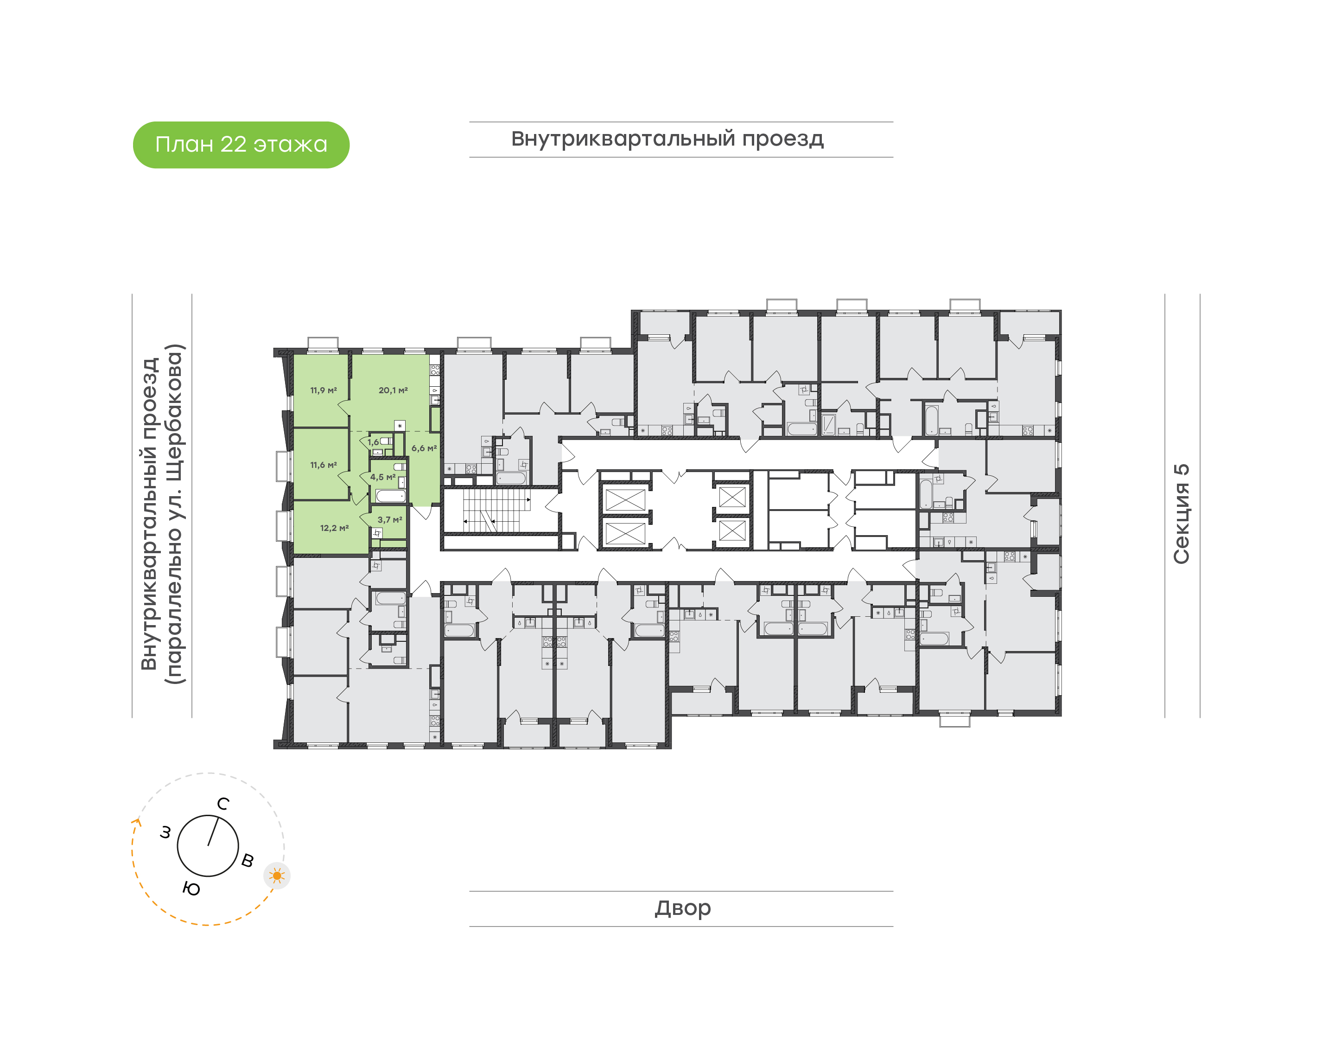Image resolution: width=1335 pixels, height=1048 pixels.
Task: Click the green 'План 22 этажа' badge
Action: click(241, 145)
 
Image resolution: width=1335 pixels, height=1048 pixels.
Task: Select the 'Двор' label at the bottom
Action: click(682, 907)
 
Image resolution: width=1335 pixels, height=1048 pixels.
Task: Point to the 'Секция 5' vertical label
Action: click(1181, 514)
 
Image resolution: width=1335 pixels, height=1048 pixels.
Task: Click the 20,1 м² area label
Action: click(393, 390)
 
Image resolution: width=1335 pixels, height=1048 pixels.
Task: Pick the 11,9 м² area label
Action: click(323, 390)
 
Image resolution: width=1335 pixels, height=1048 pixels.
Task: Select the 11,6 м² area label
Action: click(323, 465)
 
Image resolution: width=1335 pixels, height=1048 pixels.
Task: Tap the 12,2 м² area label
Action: click(334, 528)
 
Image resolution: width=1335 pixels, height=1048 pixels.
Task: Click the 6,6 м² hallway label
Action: click(424, 448)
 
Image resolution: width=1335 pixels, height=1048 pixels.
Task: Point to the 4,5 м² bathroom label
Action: click(383, 477)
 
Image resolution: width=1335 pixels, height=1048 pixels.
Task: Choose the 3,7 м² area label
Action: click(390, 520)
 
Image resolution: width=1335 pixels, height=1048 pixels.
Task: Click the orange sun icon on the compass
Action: click(277, 875)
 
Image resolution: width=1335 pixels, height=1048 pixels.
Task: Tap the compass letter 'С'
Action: click(223, 804)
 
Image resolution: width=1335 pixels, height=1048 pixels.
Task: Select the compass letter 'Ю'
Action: click(191, 888)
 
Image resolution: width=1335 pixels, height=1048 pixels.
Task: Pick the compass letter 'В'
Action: click(247, 860)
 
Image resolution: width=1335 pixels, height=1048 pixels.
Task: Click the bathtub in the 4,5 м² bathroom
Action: click(390, 496)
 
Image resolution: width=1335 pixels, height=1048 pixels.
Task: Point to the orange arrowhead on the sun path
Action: click(136, 822)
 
